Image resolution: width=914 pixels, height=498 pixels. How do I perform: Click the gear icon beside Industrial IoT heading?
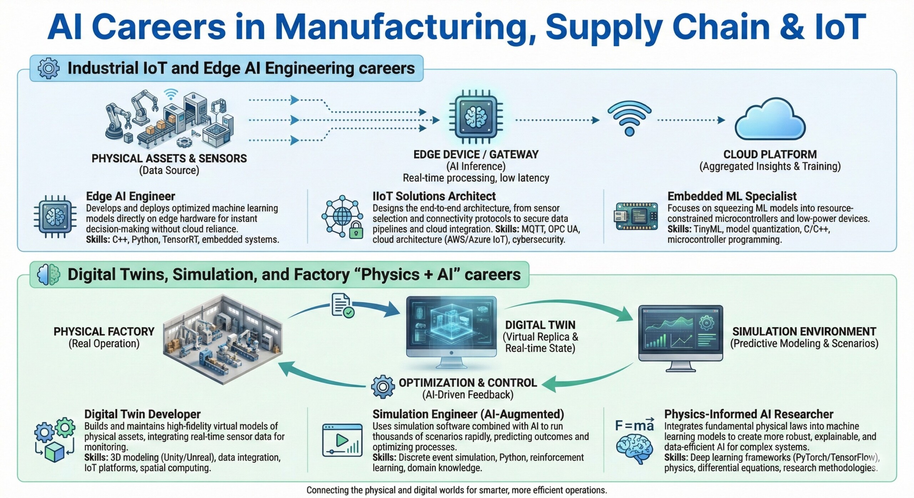(48, 68)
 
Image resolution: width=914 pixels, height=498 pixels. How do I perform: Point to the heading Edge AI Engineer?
(130, 196)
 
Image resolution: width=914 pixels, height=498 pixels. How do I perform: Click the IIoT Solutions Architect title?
(434, 196)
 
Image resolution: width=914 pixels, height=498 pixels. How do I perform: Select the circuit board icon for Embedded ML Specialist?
(636, 216)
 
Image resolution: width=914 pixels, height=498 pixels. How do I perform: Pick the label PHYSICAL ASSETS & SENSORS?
(169, 158)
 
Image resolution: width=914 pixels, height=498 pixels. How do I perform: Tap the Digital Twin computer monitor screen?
(451, 326)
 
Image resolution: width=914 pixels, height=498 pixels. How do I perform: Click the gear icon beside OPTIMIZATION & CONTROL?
(383, 386)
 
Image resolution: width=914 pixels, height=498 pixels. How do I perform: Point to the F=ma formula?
(634, 425)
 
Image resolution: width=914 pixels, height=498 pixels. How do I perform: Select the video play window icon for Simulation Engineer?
(342, 440)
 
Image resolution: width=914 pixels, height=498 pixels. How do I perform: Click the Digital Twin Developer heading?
(142, 414)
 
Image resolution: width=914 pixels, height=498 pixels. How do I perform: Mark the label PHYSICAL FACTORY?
(104, 332)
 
